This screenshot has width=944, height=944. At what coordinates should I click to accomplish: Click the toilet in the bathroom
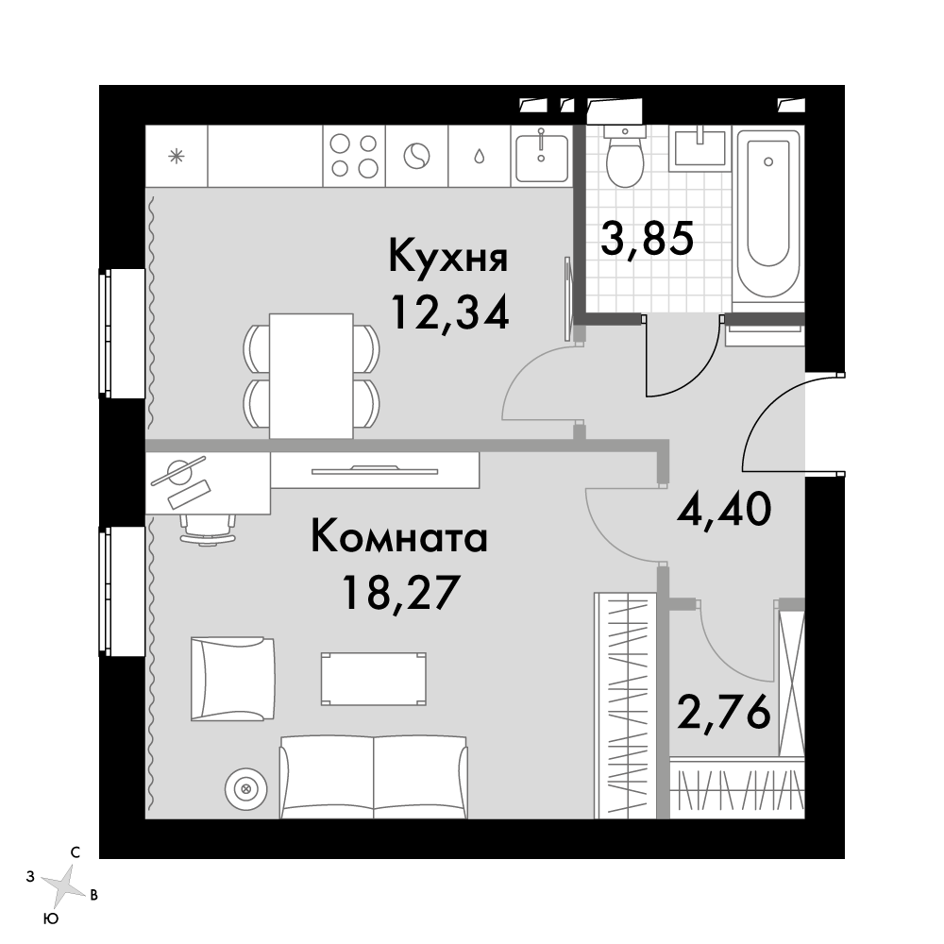pyautogui.click(x=625, y=157)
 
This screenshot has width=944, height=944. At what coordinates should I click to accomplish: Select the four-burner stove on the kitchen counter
pyautogui.click(x=354, y=156)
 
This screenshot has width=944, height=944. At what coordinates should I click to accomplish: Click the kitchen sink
pyautogui.click(x=541, y=156)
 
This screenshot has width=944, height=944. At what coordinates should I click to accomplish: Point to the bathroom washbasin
pyautogui.click(x=700, y=148)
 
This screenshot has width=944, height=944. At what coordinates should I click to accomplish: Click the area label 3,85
pyautogui.click(x=648, y=239)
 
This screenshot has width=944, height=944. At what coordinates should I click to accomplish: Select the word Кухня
pyautogui.click(x=448, y=256)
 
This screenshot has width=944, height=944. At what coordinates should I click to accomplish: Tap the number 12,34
pyautogui.click(x=449, y=312)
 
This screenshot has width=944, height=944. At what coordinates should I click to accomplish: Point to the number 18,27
pyautogui.click(x=401, y=593)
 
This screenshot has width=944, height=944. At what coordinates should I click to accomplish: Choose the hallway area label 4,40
pyautogui.click(x=724, y=509)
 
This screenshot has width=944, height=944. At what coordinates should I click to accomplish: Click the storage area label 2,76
pyautogui.click(x=724, y=711)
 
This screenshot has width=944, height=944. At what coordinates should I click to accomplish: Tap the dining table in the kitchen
pyautogui.click(x=311, y=377)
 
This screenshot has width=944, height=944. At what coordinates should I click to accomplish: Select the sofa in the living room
pyautogui.click(x=374, y=777)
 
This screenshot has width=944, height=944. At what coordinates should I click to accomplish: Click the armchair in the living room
pyautogui.click(x=232, y=679)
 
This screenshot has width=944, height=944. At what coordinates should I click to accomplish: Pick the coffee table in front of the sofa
pyautogui.click(x=373, y=679)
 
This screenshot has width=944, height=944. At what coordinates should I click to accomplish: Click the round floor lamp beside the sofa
pyautogui.click(x=245, y=788)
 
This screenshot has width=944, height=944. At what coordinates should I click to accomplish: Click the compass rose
pyautogui.click(x=64, y=886)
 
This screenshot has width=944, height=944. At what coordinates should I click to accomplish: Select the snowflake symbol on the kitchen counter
pyautogui.click(x=177, y=157)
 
